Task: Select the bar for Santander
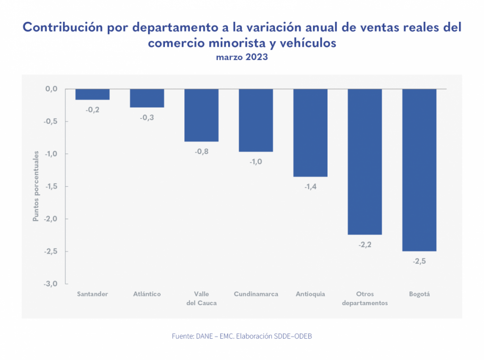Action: (x=93, y=94)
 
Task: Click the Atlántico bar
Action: (x=147, y=98)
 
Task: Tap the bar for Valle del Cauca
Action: (x=201, y=115)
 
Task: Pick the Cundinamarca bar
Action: (x=256, y=120)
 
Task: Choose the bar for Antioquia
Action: (x=311, y=133)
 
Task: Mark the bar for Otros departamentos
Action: (x=365, y=162)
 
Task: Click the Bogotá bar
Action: (x=419, y=170)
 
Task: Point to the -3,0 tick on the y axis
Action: (x=51, y=284)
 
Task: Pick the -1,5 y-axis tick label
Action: (x=51, y=187)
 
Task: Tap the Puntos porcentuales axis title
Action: (x=35, y=187)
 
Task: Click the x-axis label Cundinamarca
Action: (x=256, y=294)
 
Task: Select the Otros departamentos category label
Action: (x=365, y=298)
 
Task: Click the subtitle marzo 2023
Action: (x=242, y=57)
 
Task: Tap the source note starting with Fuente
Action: (x=242, y=336)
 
